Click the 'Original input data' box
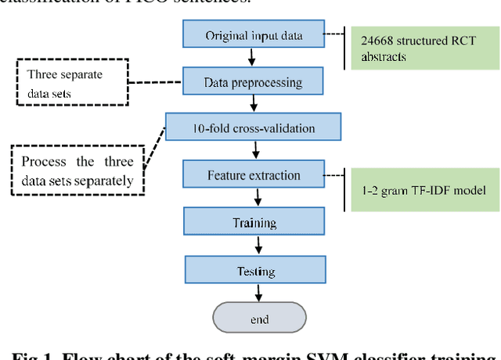[x=253, y=35]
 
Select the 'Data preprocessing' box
[x=253, y=81]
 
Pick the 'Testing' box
[x=254, y=272]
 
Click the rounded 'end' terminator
[x=259, y=319]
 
